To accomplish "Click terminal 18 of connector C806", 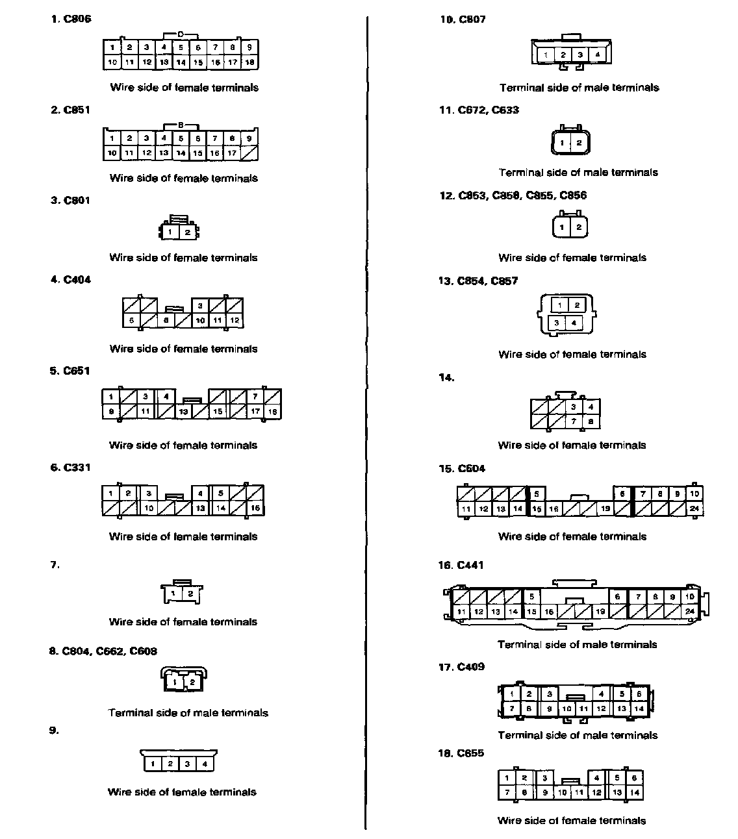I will point(249,62).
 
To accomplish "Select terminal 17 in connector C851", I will point(232,153).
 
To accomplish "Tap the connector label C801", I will point(77,201).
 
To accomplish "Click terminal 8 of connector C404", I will point(166,320).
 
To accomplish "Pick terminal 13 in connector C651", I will point(184,412).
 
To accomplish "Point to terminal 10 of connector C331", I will point(148,508).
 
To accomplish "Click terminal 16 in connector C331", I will point(255,508).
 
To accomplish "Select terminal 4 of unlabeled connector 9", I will point(204,764).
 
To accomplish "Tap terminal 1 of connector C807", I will point(546,55).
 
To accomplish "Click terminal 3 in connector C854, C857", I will point(557,323).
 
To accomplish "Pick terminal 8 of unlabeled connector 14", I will point(591,421).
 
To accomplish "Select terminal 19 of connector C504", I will point(605,509).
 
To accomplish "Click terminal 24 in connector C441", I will point(690,611).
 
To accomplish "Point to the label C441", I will point(470,566).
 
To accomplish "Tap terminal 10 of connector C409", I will point(566,709).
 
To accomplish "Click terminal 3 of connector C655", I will point(545,777).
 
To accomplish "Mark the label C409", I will point(470,667).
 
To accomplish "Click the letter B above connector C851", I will point(181,125).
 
